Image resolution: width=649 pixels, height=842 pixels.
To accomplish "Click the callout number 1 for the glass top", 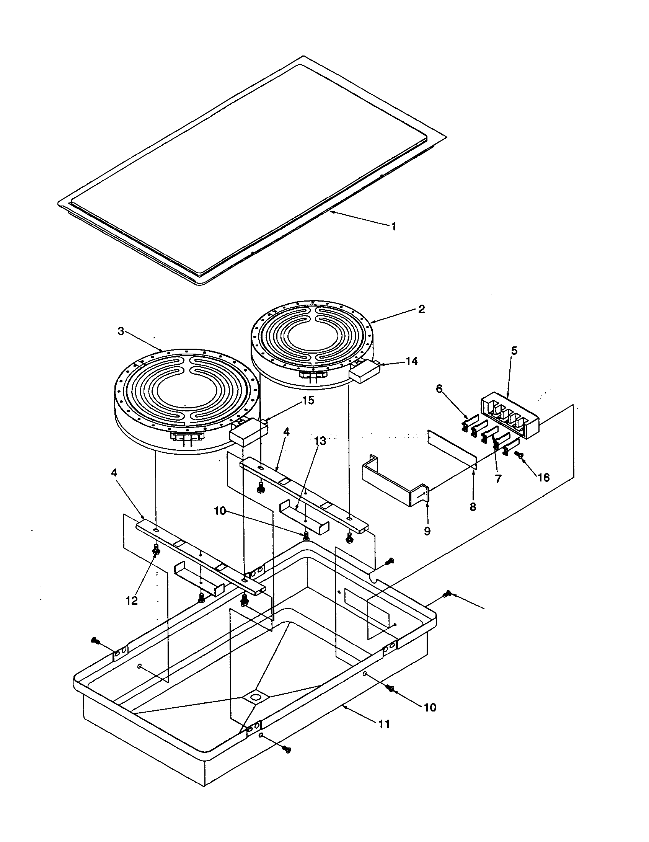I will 393,226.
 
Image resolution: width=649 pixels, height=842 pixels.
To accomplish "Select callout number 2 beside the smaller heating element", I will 421,309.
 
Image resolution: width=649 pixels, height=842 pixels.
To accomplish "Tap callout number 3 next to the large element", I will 121,331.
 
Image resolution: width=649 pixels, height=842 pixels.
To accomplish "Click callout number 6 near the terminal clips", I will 439,388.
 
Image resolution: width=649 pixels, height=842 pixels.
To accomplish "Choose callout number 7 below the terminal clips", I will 498,479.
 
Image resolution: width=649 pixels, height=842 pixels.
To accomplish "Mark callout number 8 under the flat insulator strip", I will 473,506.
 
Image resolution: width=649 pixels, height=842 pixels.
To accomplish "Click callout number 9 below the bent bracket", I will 427,531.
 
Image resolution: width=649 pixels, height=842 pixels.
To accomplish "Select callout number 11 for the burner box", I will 383,724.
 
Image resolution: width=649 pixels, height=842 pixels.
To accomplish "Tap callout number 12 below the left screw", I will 132,600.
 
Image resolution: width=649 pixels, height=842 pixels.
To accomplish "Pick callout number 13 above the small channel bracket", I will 320,441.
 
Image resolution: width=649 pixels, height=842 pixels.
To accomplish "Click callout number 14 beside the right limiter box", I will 411,361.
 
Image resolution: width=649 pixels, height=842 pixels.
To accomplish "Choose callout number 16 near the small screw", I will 543,478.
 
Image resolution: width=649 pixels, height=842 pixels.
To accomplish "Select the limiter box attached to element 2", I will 364,371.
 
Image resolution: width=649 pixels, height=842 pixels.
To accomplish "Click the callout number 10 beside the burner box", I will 430,707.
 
